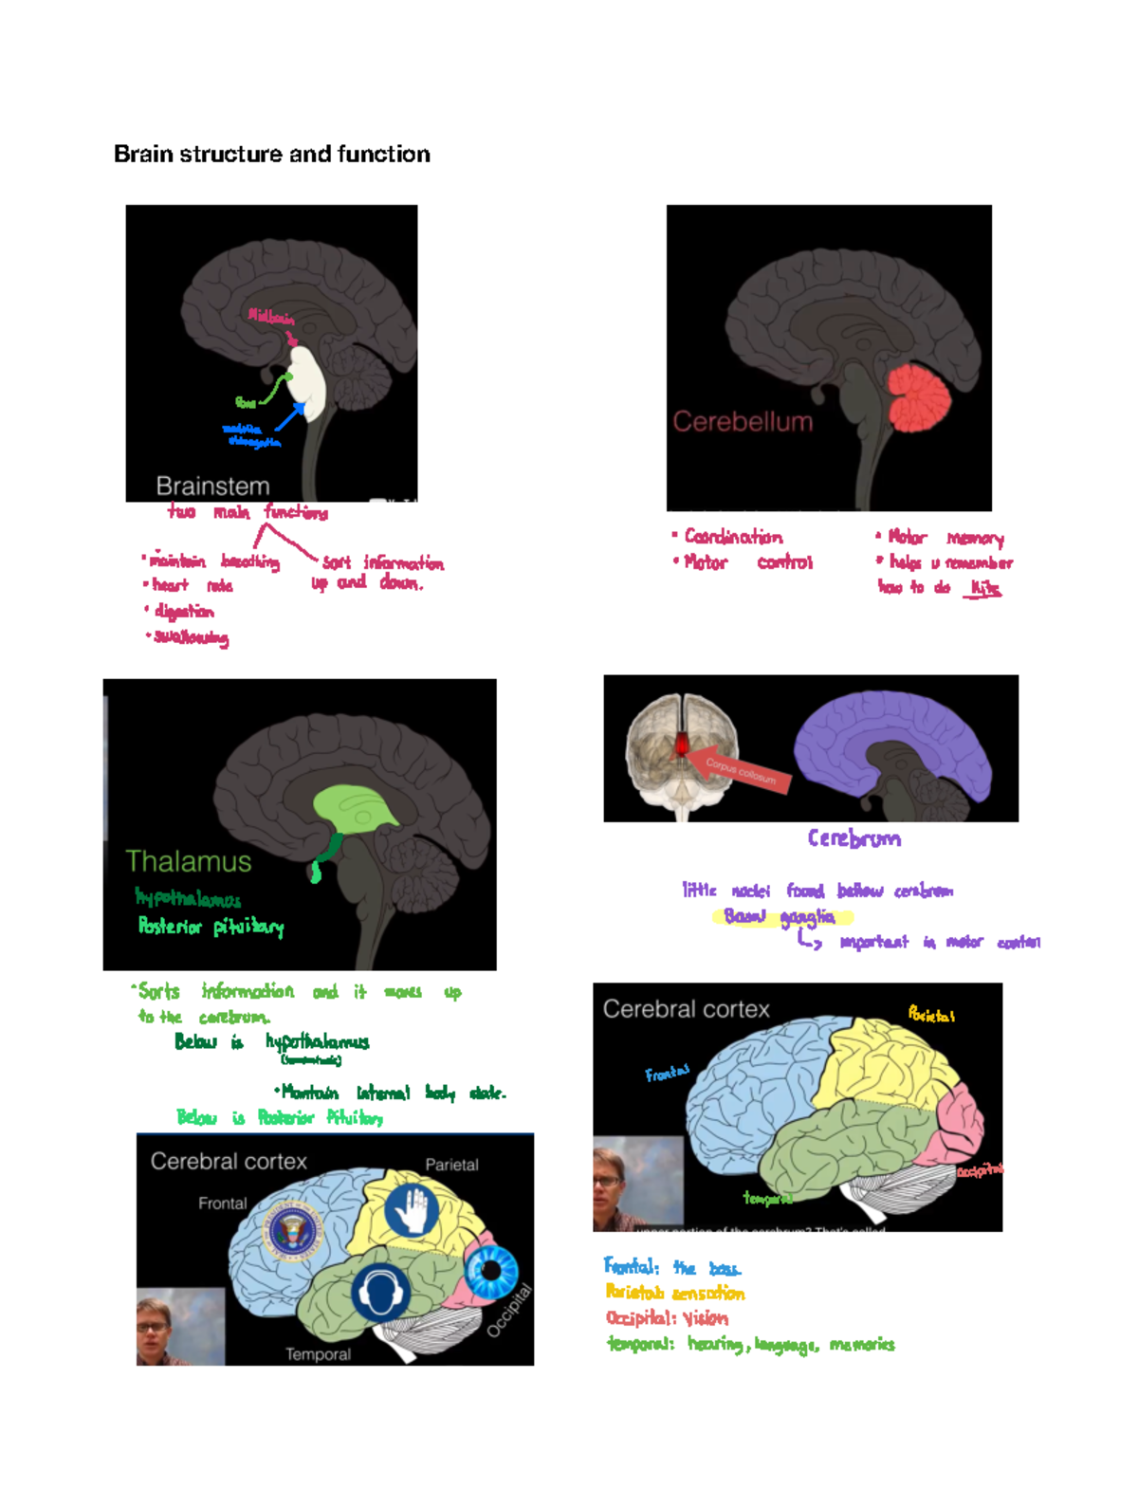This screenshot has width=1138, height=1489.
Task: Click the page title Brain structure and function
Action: (272, 154)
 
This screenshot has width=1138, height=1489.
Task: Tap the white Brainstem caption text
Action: (212, 487)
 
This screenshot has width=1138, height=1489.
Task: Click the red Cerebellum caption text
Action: (743, 422)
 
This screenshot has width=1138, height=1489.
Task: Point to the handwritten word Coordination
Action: (733, 538)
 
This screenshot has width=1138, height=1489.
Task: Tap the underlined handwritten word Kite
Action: (985, 589)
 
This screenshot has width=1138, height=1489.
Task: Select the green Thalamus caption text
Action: (189, 861)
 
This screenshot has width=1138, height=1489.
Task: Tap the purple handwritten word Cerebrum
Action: (853, 838)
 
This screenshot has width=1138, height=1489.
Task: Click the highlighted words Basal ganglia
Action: (780, 917)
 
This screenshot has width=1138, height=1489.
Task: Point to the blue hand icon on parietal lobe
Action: (412, 1210)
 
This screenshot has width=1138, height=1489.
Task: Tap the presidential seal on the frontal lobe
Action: (293, 1232)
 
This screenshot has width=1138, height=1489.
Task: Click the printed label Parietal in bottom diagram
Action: (451, 1165)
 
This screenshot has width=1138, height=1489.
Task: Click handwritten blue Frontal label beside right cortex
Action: (667, 1074)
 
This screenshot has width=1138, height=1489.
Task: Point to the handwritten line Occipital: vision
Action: (667, 1318)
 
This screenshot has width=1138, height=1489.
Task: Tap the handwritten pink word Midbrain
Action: (271, 317)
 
